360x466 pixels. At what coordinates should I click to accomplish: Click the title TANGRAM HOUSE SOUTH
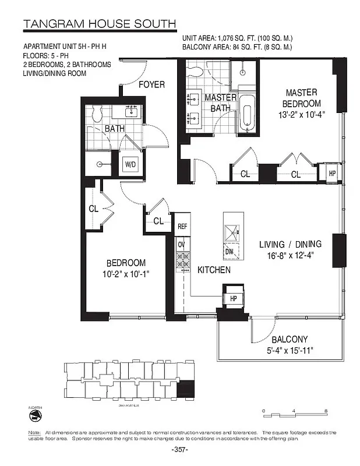coord(99,24)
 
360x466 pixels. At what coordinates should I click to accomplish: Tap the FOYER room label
coord(151,85)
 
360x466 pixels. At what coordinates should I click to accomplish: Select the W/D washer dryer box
coord(129,165)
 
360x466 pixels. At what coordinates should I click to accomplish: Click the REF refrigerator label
coord(182,227)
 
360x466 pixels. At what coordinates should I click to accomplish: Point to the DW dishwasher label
coord(229,252)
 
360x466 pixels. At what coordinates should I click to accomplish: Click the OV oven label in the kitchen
coord(181,243)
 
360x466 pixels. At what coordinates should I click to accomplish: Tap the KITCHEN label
coord(214,270)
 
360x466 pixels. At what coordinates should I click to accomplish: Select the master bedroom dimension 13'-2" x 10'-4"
coord(301,115)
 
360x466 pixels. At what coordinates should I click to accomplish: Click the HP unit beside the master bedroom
coord(332,173)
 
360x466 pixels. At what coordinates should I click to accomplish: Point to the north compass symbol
coord(34,415)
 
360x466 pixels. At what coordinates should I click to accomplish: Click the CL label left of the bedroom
coord(93,208)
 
